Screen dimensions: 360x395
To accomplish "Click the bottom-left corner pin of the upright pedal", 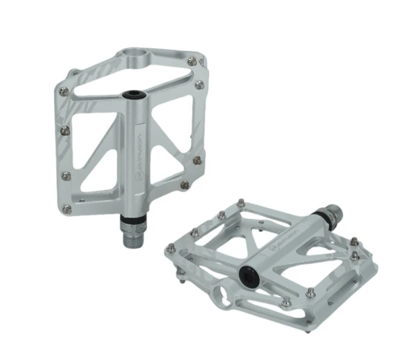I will [x=67, y=209].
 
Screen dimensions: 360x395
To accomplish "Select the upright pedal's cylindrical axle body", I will [x=137, y=153].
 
